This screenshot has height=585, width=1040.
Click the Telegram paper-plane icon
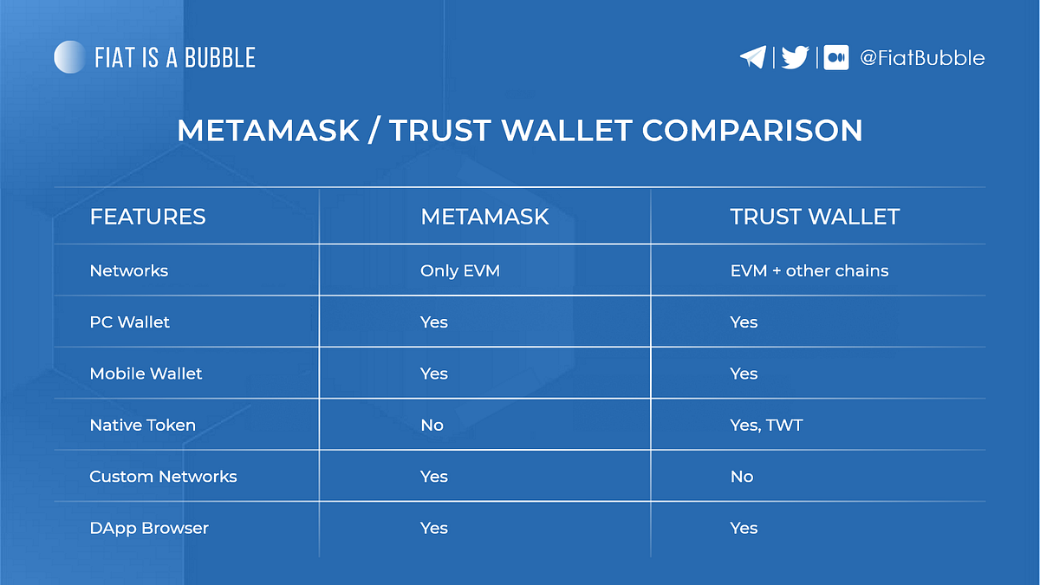point(752,58)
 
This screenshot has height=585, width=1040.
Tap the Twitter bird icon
point(795,58)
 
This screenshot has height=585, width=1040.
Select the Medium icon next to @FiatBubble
point(836,58)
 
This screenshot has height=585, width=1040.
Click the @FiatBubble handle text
point(921,58)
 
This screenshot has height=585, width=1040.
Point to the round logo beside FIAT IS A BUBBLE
point(69,57)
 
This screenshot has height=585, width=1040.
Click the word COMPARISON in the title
point(752,131)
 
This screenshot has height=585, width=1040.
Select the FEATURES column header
point(147,217)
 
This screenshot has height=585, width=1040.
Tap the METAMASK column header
point(484,217)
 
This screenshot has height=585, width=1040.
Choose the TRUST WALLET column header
point(815,217)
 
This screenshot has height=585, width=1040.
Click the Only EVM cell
point(460,271)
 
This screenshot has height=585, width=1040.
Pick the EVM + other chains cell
point(809,271)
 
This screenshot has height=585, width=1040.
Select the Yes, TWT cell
point(765,426)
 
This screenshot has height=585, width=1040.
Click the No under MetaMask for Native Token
point(432,426)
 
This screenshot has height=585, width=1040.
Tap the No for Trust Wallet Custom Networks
point(742,477)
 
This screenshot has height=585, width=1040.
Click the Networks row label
point(129,271)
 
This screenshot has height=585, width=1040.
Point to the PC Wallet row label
point(130,322)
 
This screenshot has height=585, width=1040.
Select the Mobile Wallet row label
point(146,374)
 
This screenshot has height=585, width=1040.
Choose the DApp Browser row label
point(149,528)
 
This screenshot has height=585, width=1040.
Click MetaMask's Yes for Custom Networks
point(434,477)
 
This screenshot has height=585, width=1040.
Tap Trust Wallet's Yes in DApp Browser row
point(744,528)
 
